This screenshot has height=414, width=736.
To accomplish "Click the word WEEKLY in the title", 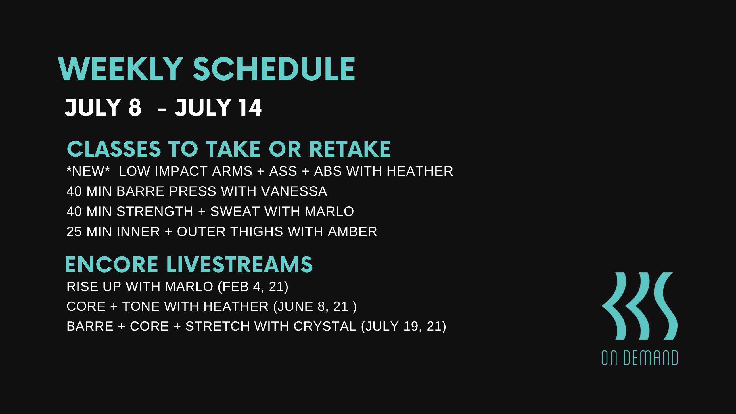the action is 121,69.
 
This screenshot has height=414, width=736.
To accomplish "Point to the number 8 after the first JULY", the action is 135,108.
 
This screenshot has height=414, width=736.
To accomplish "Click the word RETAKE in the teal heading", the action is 350,149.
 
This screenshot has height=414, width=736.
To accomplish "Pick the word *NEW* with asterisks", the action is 88,171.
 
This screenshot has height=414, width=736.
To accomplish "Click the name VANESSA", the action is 294,191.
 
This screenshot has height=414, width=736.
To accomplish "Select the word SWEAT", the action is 235,212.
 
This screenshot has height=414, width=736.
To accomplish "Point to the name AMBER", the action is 352,232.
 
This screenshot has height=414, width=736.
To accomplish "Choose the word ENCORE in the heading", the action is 112,264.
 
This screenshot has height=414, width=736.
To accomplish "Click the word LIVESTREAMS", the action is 239,264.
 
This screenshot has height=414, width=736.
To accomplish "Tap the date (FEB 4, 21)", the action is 253,287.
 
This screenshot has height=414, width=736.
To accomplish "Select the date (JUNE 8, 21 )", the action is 315,307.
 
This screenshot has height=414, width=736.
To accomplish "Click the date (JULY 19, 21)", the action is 404,327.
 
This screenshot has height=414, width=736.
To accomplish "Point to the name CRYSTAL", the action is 325,327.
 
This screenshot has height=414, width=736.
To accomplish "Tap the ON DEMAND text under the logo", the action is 640,358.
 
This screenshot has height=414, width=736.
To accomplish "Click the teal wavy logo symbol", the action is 640,306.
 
